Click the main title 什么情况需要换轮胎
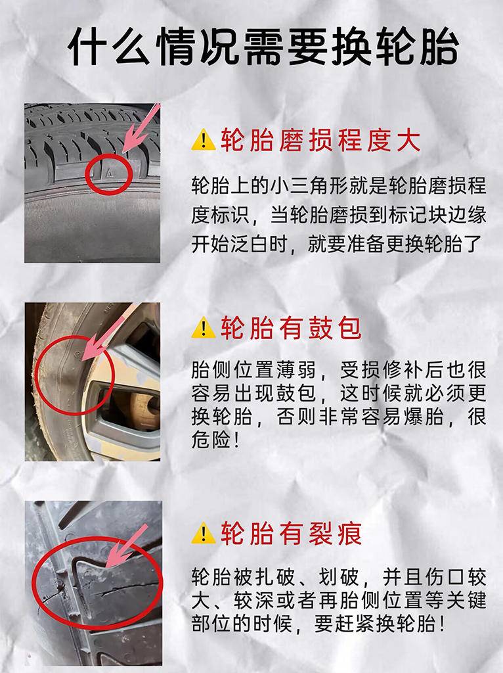coord(263,47)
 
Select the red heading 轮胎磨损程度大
coord(320,140)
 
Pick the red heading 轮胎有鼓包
coord(291,328)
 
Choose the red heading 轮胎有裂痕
coord(291,533)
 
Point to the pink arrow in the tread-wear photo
coord(141,128)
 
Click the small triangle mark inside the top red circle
coord(109,174)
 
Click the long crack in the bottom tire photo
coord(127,588)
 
